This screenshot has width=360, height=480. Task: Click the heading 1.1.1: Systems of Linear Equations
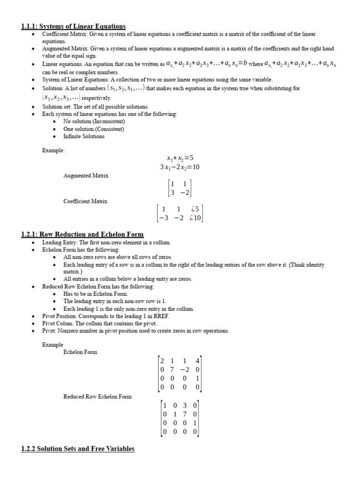click(x=73, y=27)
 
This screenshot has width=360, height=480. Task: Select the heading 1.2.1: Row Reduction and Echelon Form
click(x=82, y=234)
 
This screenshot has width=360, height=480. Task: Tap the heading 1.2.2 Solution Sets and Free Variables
click(x=78, y=449)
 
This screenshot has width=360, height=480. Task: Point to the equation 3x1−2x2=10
click(x=180, y=167)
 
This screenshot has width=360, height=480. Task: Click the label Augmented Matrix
click(x=86, y=175)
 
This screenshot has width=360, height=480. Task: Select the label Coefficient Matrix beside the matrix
click(x=85, y=201)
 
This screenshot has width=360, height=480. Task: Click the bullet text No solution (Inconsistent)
click(x=94, y=121)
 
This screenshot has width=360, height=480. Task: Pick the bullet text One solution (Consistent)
click(x=94, y=129)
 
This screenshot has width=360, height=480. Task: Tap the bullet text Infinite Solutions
click(x=84, y=136)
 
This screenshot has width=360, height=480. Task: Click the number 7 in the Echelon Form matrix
click(x=172, y=370)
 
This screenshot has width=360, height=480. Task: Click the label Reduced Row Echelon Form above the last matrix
click(x=97, y=397)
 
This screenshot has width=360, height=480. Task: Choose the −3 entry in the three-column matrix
click(x=163, y=217)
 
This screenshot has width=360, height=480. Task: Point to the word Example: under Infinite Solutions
click(x=54, y=150)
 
